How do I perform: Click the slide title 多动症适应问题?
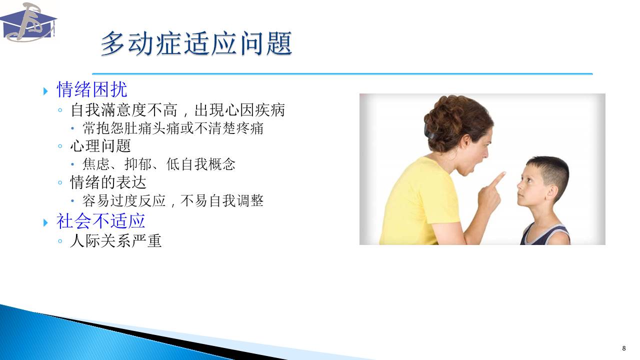(196, 43)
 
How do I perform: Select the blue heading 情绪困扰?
(91, 89)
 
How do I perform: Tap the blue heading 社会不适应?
(100, 221)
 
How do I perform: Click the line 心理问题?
(100, 145)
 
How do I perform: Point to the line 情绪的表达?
(108, 182)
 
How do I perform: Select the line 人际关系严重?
(115, 241)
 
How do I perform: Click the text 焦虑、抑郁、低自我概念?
(159, 164)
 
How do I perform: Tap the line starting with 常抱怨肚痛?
(173, 128)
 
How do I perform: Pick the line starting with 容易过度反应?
(173, 200)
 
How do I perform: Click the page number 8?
(623, 348)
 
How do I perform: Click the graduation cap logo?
(28, 22)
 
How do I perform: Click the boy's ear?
(551, 193)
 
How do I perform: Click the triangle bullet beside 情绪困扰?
(45, 91)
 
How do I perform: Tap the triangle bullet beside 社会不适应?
(45, 222)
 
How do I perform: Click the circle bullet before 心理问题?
(60, 146)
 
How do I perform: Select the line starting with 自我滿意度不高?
(177, 109)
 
